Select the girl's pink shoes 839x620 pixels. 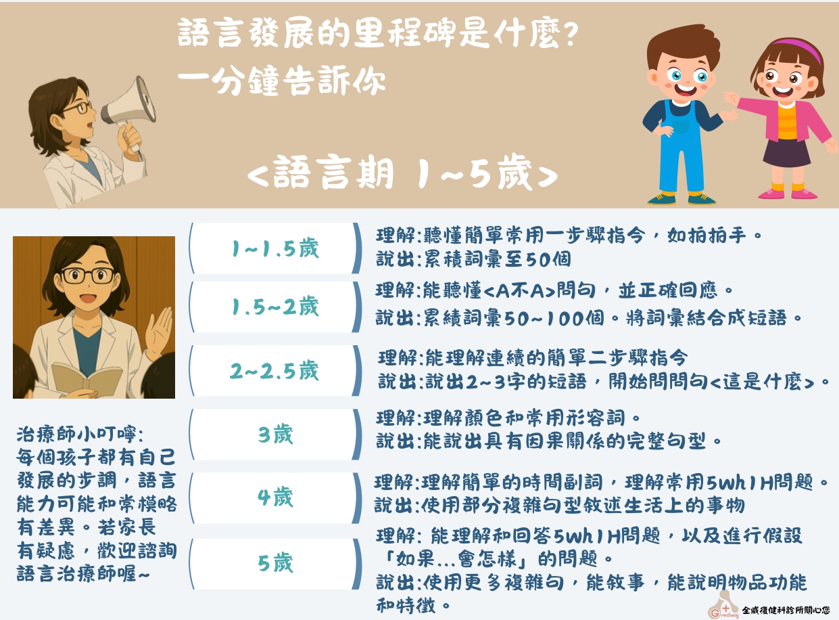[788, 194]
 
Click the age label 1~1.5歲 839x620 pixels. [275, 248]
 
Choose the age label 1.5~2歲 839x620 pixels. [275, 306]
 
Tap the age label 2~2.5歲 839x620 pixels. [274, 370]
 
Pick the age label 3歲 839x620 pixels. [275, 434]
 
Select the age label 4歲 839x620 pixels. [275, 497]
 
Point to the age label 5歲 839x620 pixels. [275, 562]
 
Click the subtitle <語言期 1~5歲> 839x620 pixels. [402, 173]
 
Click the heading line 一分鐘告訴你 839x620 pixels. [282, 80]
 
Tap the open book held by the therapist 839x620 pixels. [87, 379]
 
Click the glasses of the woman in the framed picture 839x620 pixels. [87, 275]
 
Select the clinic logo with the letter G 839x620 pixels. [723, 605]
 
